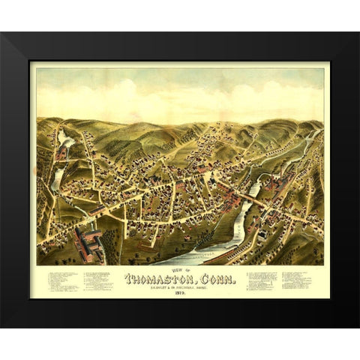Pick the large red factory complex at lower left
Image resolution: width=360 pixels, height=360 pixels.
tap(88, 244)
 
